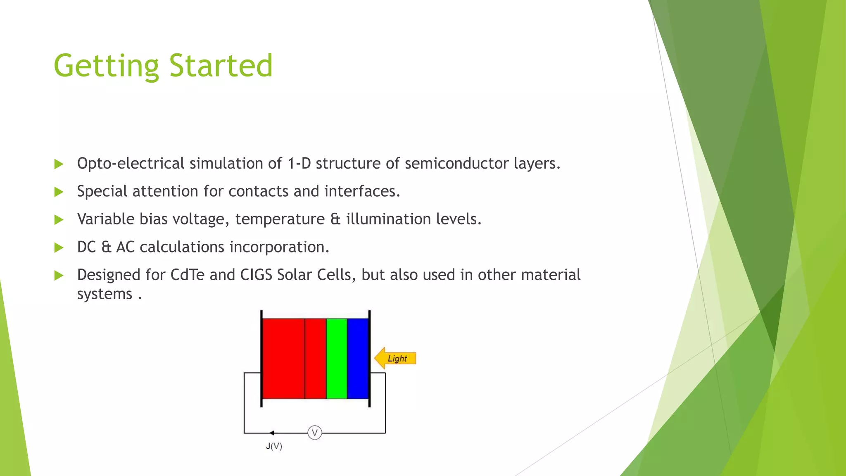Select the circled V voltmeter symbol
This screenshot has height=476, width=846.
tap(315, 433)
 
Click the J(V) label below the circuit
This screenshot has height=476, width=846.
tap(274, 446)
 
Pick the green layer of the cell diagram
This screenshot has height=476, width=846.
tap(337, 358)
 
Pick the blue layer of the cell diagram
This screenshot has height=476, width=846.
tap(358, 358)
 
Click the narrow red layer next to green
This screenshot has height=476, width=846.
tap(316, 358)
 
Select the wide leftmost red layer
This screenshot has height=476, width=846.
tap(284, 358)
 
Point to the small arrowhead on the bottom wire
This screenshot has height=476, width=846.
tap(271, 433)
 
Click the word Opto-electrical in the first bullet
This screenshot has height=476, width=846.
tap(131, 164)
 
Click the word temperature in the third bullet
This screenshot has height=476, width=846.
tap(280, 219)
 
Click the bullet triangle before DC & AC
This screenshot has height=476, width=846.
tap(59, 248)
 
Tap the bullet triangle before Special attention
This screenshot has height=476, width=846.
tap(59, 192)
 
